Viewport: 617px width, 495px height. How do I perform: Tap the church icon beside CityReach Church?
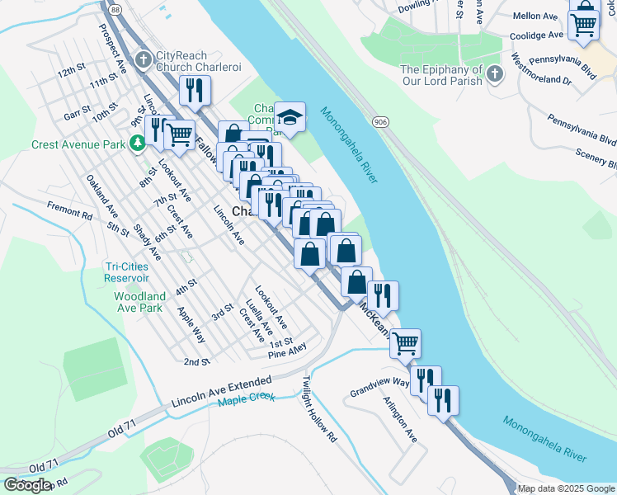pos(144,59)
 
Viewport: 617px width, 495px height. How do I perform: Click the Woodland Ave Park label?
pos(139,302)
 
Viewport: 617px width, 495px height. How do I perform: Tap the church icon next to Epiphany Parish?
pos(494,75)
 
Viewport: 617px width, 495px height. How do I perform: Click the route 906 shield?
pos(380,122)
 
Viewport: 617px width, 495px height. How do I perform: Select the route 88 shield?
pos(115,9)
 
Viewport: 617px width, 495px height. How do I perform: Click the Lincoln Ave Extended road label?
pos(221,393)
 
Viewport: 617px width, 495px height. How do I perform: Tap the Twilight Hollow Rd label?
pos(320,410)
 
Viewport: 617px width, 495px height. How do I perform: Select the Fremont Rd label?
pos(69,210)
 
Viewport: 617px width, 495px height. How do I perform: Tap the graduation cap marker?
pos(290,117)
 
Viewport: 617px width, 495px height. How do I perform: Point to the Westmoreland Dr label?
pos(542,70)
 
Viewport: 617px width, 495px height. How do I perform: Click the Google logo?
pos(27,485)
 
